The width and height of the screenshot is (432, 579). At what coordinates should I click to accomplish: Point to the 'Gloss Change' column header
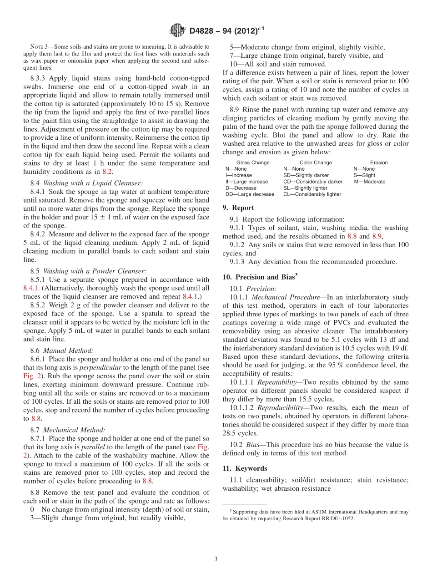tap(253, 163)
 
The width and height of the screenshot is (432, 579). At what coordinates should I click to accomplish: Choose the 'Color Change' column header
tap(316, 163)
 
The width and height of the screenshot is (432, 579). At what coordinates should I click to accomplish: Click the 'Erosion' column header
tap(379, 163)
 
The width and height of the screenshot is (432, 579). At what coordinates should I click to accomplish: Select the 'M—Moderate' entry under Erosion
tap(370, 182)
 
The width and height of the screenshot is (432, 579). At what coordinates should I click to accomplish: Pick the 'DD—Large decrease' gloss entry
tap(250, 194)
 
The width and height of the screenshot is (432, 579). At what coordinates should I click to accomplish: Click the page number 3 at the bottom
tap(216, 559)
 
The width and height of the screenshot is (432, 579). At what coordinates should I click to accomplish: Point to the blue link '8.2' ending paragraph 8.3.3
tap(107, 172)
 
